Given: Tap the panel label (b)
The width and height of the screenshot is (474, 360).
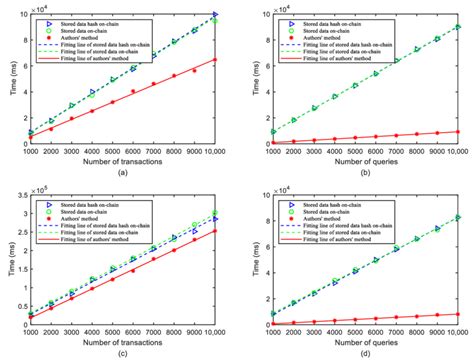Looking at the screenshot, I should coord(359,173).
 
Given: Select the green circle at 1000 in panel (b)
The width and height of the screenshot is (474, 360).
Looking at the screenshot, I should coord(269,132).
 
